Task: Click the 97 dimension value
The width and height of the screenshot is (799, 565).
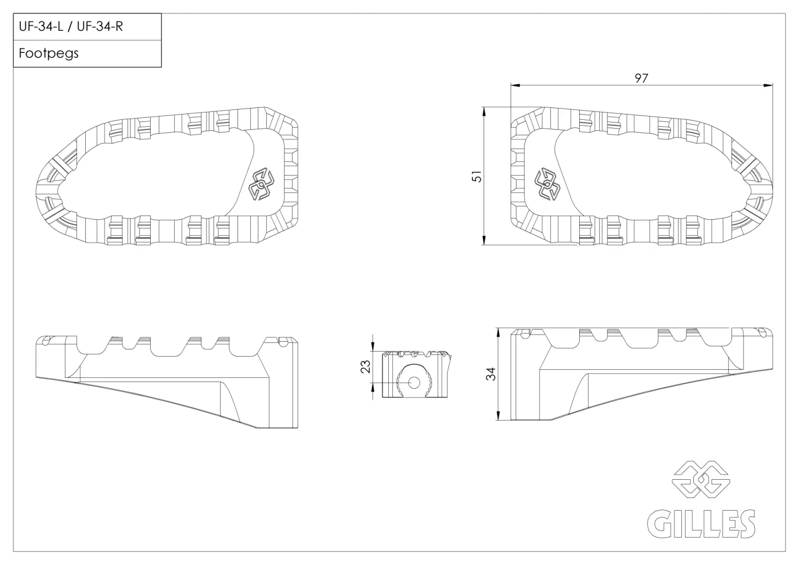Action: tap(642, 78)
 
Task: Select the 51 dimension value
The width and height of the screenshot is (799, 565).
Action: tap(477, 177)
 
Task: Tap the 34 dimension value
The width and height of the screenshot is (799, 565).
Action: tap(491, 374)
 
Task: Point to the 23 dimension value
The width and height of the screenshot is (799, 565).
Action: tap(366, 367)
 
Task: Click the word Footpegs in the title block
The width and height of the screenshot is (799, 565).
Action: tap(49, 53)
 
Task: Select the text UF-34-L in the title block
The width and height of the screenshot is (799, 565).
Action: tap(41, 26)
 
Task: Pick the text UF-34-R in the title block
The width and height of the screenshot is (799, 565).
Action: tap(100, 26)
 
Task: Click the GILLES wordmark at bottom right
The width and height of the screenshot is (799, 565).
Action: tap(701, 524)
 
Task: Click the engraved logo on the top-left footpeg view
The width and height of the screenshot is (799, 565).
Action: tap(262, 184)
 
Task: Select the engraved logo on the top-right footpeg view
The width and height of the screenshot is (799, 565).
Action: tap(547, 184)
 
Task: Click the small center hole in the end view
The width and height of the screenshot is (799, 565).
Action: tap(414, 383)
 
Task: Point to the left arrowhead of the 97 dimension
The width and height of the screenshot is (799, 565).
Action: tap(515, 85)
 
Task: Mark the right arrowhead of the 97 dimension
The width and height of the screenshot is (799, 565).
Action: tap(768, 85)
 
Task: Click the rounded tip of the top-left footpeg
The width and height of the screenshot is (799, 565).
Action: tap(37, 189)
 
